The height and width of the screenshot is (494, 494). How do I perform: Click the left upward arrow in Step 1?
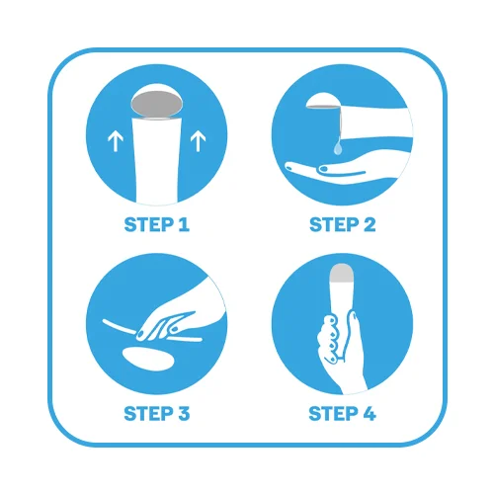click(x=116, y=141)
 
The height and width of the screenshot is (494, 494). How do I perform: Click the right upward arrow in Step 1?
click(x=198, y=141)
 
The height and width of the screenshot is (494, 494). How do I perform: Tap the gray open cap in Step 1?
click(x=156, y=104)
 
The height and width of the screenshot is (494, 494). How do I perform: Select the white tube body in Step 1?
click(x=157, y=160)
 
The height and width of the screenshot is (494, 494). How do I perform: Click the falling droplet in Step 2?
click(x=337, y=148)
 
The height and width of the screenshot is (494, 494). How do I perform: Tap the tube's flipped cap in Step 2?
click(x=324, y=101)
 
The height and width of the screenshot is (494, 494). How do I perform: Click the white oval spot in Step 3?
click(x=148, y=359)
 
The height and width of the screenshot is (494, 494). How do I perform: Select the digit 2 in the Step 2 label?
click(x=370, y=224)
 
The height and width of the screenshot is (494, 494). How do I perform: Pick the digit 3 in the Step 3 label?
click(x=184, y=414)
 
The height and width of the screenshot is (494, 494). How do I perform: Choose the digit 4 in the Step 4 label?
click(x=369, y=414)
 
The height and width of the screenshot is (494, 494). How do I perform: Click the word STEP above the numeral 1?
click(x=148, y=224)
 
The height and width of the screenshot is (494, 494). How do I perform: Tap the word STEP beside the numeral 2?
click(x=334, y=224)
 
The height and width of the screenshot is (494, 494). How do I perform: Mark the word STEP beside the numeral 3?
click(x=148, y=414)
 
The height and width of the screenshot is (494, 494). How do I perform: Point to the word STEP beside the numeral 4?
click(x=333, y=414)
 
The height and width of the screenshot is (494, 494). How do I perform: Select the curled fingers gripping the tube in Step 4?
click(x=329, y=339)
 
